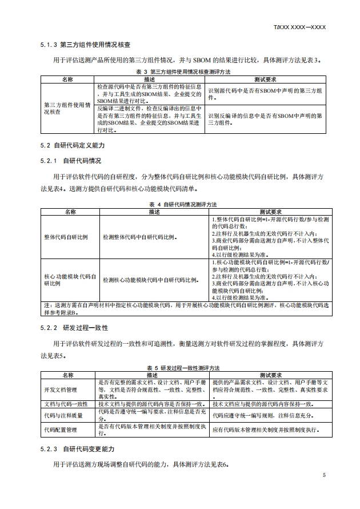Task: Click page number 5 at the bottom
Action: click(x=324, y=475)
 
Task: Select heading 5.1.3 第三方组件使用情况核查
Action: click(x=85, y=44)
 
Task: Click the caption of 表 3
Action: click(x=183, y=72)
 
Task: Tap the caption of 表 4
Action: click(x=183, y=204)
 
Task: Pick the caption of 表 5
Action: click(x=183, y=368)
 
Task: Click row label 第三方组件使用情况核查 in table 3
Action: click(x=67, y=109)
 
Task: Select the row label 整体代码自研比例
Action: click(x=66, y=236)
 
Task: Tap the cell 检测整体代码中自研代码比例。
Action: click(x=140, y=236)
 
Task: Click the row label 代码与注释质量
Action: click(x=62, y=415)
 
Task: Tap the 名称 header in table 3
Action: click(x=68, y=79)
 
